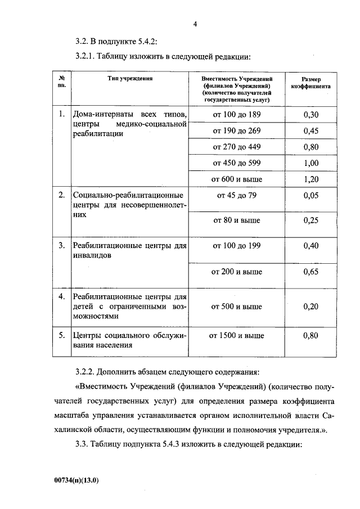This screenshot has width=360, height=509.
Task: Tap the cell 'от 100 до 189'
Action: click(x=236, y=115)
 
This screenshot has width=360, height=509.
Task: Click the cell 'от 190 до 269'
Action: click(x=236, y=131)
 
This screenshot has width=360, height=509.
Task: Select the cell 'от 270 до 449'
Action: click(x=236, y=147)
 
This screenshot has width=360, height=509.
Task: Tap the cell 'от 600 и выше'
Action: click(x=236, y=179)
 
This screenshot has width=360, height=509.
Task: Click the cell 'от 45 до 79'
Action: click(x=236, y=196)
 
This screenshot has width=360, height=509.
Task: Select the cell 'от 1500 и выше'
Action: click(x=236, y=336)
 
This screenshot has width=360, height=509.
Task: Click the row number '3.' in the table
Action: click(x=62, y=246)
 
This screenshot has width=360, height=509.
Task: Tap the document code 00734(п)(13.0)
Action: click(x=79, y=481)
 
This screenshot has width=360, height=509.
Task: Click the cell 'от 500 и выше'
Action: click(x=236, y=307)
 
